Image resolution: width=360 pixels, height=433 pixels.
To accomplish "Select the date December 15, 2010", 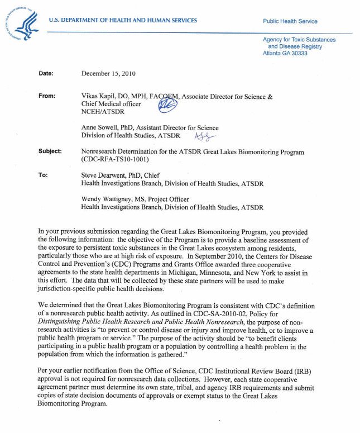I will pyautogui.click(x=109, y=74).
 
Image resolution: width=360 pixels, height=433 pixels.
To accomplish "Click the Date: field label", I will pyautogui.click(x=46, y=74).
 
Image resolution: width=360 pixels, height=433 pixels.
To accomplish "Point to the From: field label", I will pyautogui.click(x=47, y=96).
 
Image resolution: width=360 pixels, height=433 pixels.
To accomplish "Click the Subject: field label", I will pyautogui.click(x=50, y=151).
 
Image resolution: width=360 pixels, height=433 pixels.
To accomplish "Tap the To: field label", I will pyautogui.click(x=43, y=175).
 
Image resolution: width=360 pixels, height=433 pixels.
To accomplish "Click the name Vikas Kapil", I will pyautogui.click(x=99, y=97).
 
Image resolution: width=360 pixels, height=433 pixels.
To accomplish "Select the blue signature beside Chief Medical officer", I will pyautogui.click(x=167, y=105).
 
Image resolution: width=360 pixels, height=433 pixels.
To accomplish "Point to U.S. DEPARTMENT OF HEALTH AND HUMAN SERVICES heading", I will pyautogui.click(x=123, y=21).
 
